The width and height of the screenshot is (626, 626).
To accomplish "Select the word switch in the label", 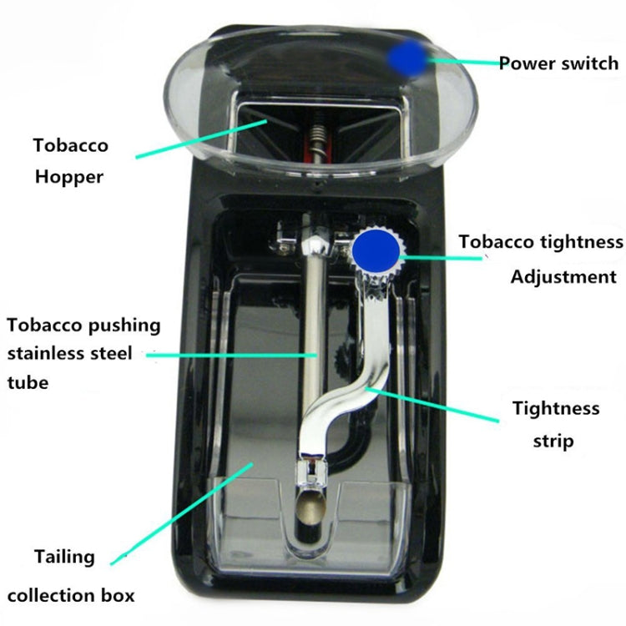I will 589,63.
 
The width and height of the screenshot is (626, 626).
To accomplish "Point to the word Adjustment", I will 563,277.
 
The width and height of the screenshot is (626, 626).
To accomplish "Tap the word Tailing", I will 65,556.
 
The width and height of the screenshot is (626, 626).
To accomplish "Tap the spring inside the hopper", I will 314,134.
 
